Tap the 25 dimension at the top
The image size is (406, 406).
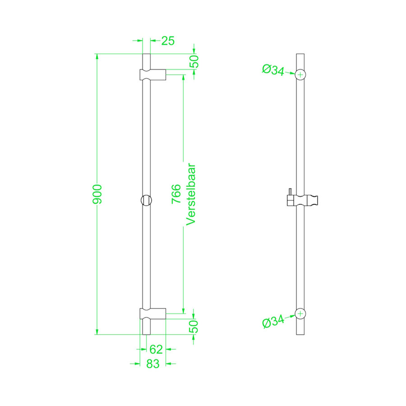pyautogui.click(x=168, y=41)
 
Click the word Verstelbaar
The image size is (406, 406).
pyautogui.click(x=190, y=194)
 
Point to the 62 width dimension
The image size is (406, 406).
pyautogui.click(x=156, y=349)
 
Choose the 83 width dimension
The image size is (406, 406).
pyautogui.click(x=153, y=364)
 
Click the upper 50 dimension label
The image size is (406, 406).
pyautogui.click(x=194, y=62)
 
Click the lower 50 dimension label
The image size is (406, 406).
pyautogui.click(x=194, y=326)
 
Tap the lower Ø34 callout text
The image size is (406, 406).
pyautogui.click(x=272, y=322)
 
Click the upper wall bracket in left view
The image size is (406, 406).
pyautogui.click(x=153, y=74)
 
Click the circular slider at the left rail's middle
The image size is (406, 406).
pyautogui.click(x=147, y=200)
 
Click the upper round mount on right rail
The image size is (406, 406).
pyautogui.click(x=301, y=74)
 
